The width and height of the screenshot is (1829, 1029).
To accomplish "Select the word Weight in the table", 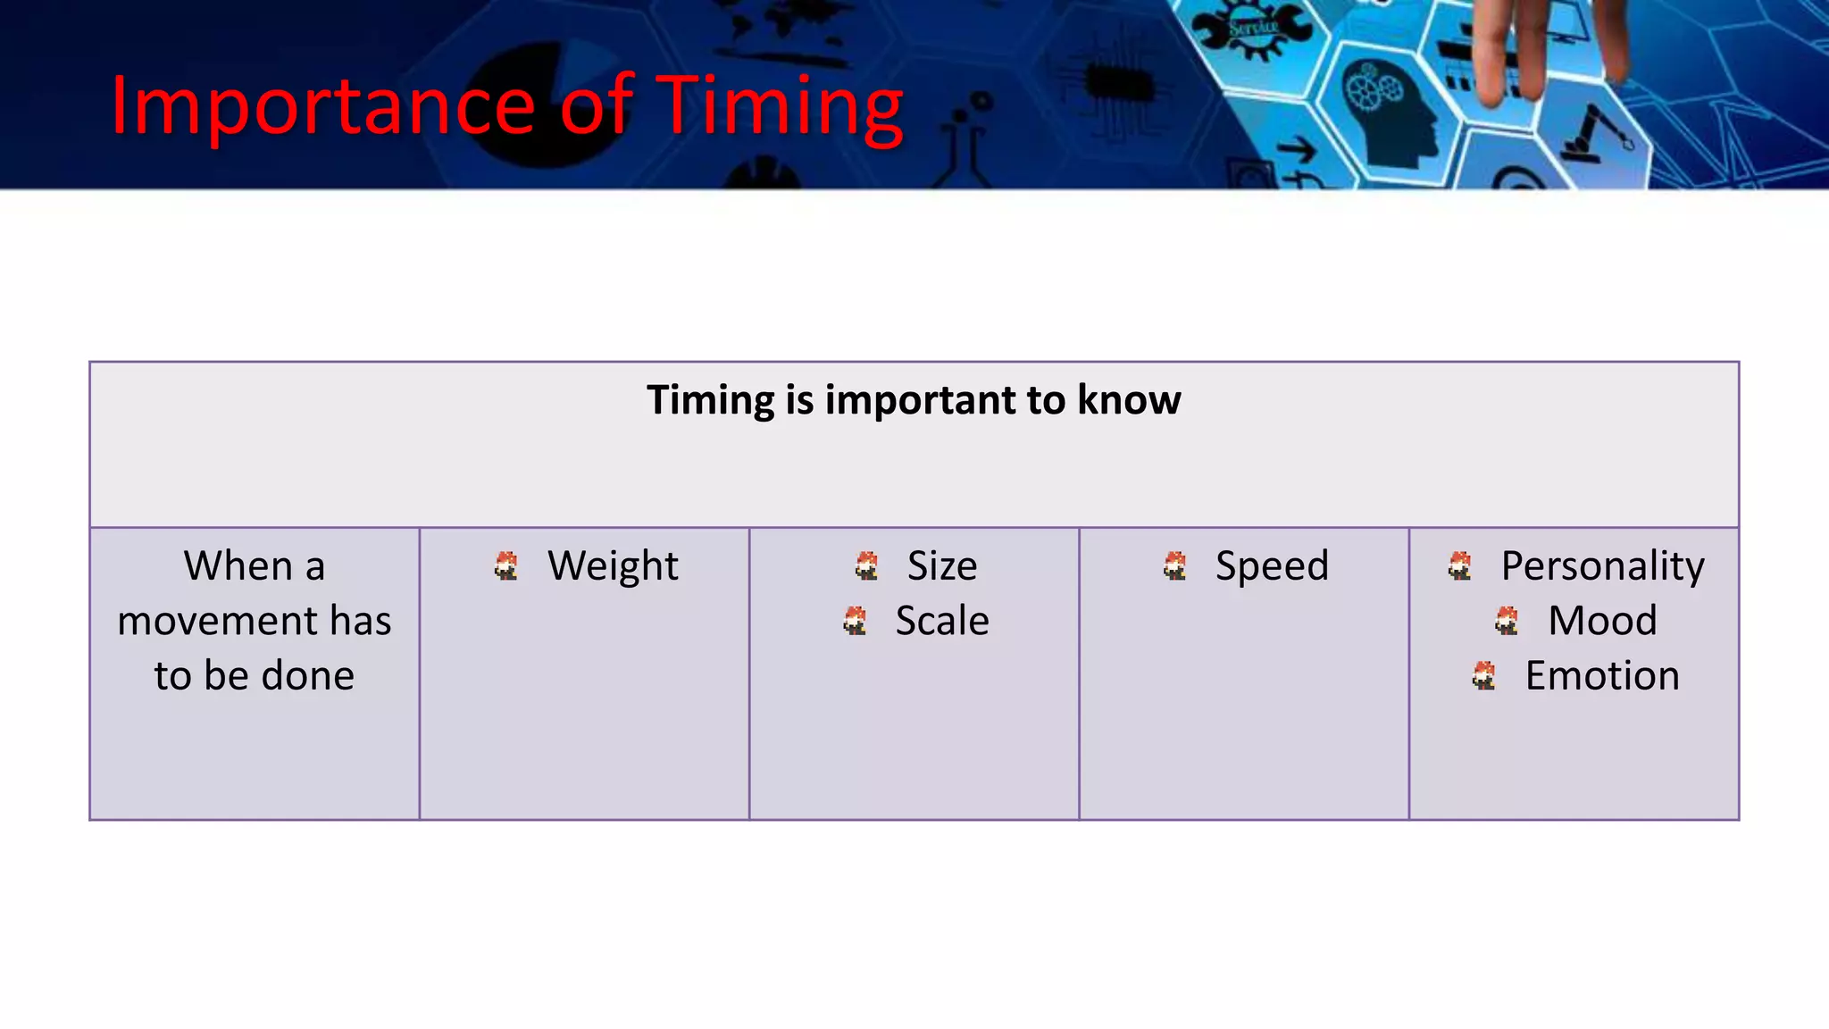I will pos(613,566).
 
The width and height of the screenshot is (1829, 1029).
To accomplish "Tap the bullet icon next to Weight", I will pos(506,566).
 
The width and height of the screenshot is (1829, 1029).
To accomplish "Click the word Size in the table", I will pos(942,566).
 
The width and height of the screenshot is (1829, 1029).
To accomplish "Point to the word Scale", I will pos(942,621).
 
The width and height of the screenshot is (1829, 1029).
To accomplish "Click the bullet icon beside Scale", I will pos(855,621).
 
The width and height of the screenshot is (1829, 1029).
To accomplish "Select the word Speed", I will pos(1272,566).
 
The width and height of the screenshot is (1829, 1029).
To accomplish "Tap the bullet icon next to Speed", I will pos(1175,566).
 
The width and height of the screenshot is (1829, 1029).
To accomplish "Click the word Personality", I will pos(1602,566).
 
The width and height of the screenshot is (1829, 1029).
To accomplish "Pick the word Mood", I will pos(1602,621).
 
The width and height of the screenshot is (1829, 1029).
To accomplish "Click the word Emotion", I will pos(1602,676).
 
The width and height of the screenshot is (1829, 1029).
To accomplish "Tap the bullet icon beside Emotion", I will pos(1483,676).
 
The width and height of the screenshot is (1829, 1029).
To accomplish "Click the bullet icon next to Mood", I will pos(1507,621).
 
